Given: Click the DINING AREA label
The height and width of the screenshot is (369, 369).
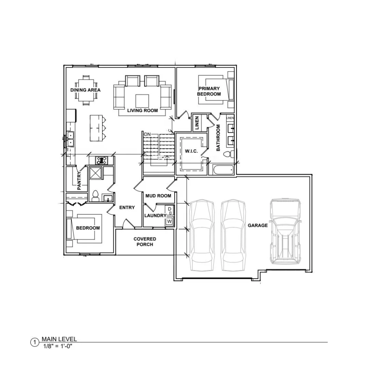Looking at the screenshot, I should click(85, 90).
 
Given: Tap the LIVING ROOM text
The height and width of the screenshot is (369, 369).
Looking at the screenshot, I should click(142, 110).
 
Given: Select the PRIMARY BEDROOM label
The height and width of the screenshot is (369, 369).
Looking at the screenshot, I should click(209, 91).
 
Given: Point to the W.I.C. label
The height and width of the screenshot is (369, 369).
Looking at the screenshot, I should click(191, 151).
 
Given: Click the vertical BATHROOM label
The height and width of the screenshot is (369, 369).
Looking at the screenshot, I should click(218, 138).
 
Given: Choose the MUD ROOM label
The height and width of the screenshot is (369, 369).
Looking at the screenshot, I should click(158, 196).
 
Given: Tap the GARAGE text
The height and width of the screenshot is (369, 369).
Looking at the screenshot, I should click(258, 225).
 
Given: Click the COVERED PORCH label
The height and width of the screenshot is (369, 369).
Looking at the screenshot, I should click(145, 242).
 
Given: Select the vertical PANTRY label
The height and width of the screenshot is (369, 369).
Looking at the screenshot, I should click(79, 181).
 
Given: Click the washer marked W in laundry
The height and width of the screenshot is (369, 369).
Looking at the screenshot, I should click(169, 221).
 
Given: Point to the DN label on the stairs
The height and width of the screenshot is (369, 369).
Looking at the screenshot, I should click(147, 134).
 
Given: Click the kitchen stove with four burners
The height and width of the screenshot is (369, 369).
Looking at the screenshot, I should click(101, 160).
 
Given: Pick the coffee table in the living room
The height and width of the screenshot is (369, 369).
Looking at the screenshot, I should click(142, 101).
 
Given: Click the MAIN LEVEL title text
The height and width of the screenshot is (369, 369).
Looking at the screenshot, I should click(59, 339).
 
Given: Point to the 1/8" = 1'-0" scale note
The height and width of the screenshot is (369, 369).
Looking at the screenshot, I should click(58, 346).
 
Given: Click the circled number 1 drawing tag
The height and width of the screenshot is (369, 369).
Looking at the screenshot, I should click(35, 342).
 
